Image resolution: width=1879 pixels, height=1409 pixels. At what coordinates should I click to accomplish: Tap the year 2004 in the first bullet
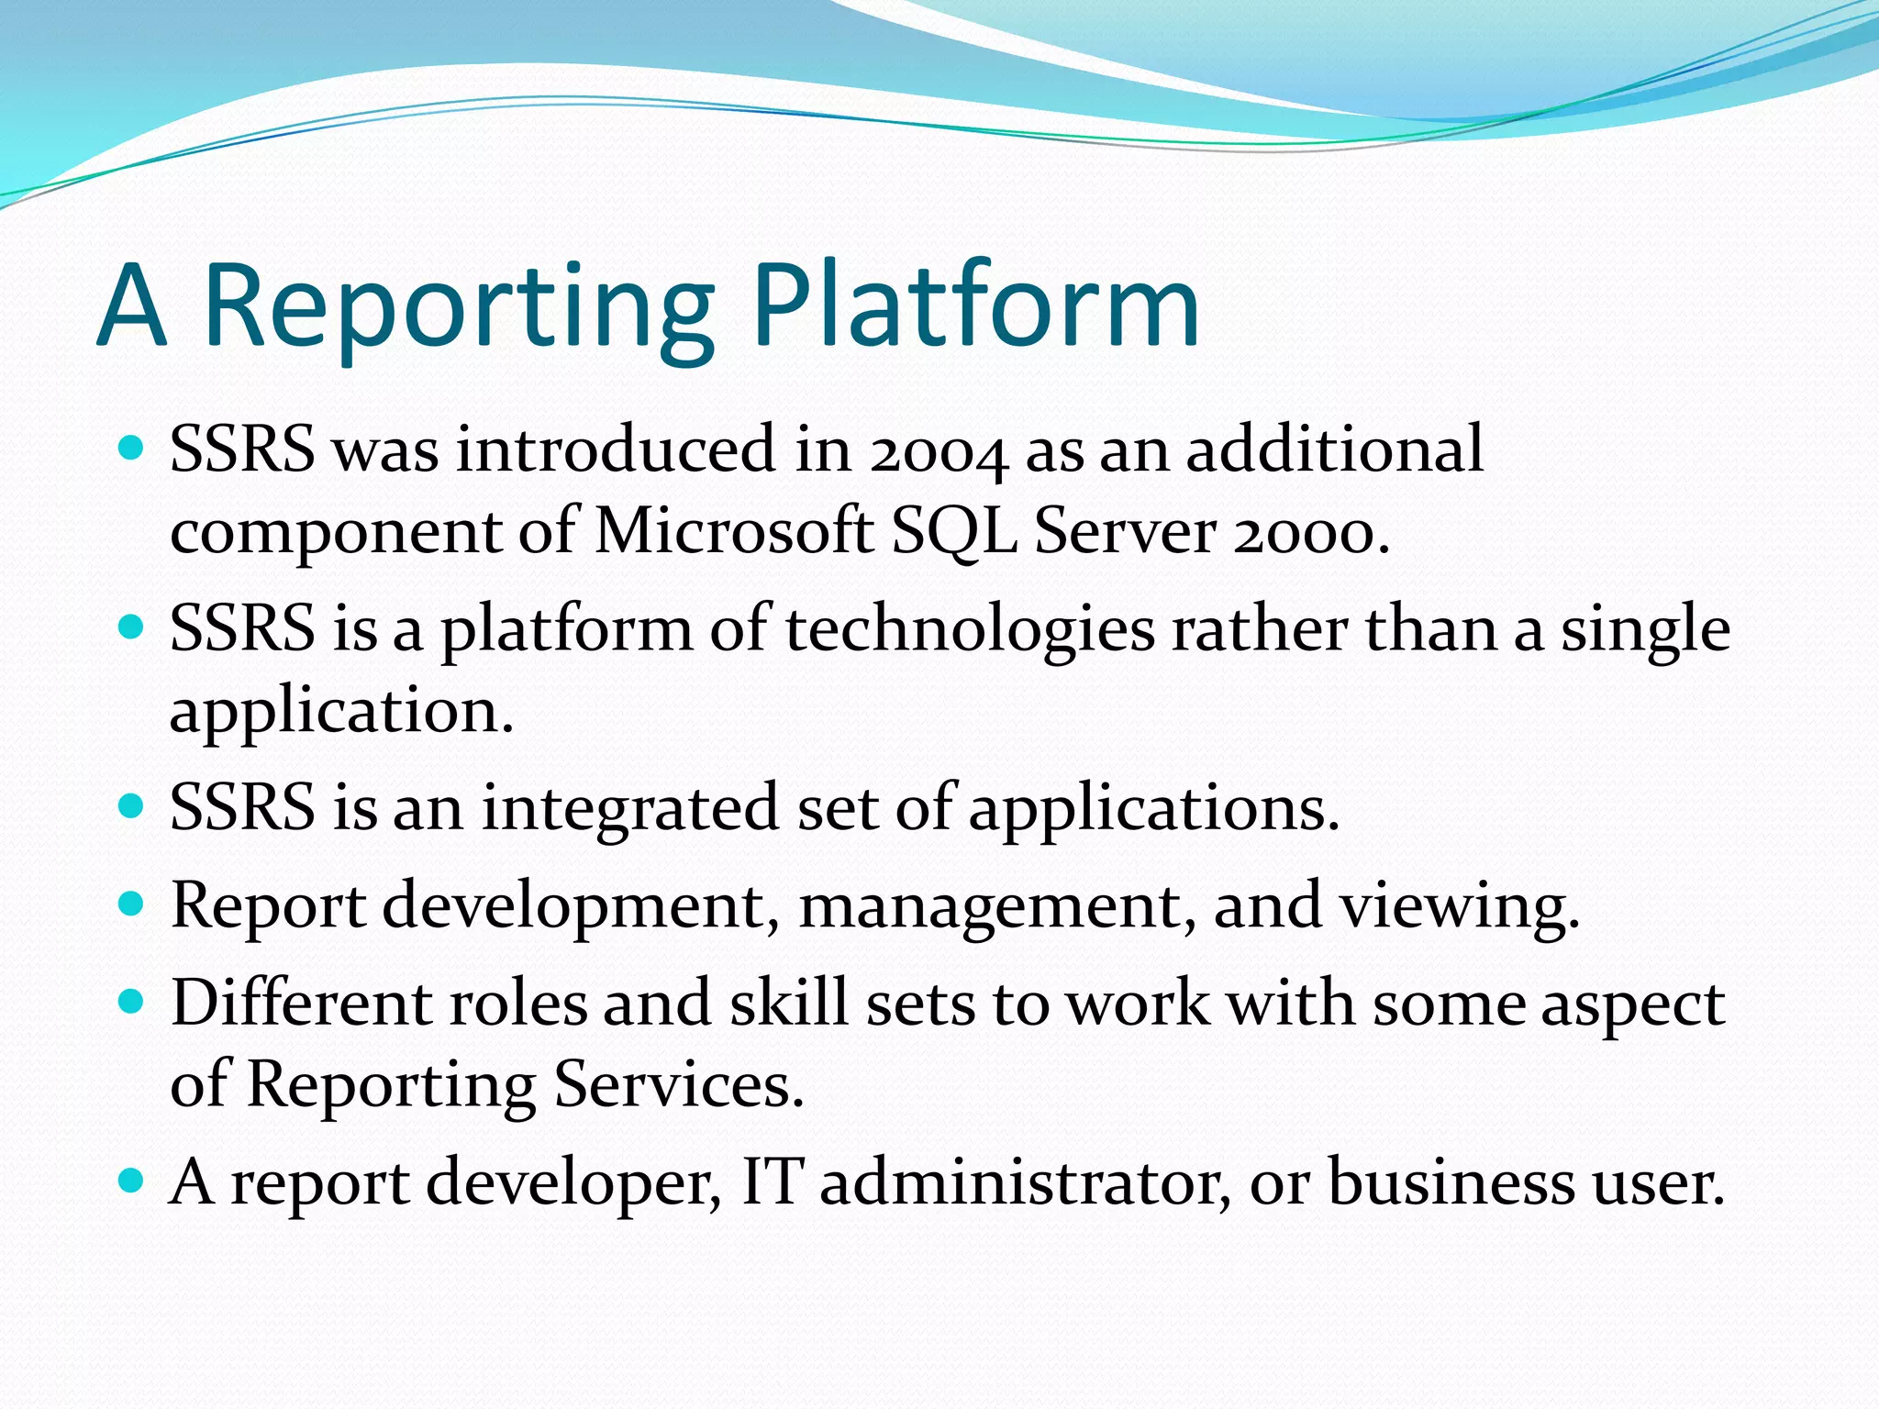pyautogui.click(x=939, y=451)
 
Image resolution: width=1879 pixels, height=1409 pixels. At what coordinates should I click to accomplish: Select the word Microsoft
pyautogui.click(x=734, y=532)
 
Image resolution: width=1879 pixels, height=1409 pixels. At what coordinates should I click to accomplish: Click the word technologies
pyautogui.click(x=970, y=631)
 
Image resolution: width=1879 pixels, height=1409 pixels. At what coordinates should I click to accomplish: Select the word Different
pyautogui.click(x=302, y=1004)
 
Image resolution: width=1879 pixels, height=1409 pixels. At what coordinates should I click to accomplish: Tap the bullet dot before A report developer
pyautogui.click(x=132, y=1181)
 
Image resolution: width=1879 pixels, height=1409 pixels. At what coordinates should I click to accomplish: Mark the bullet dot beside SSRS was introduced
pyautogui.click(x=132, y=449)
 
